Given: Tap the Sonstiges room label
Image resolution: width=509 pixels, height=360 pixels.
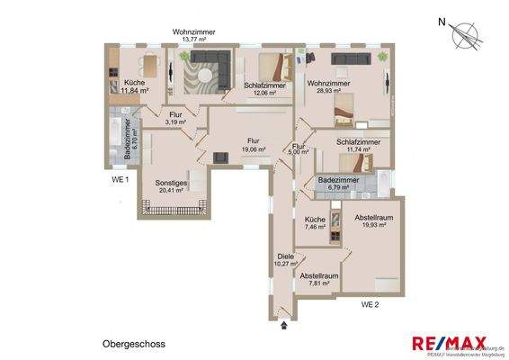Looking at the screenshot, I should click(x=171, y=185).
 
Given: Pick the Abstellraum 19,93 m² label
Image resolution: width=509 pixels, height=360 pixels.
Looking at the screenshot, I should click(x=371, y=220).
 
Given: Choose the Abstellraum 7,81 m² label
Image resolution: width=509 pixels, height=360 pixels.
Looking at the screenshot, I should click(x=319, y=279).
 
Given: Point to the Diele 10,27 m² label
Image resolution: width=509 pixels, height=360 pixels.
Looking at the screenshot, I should click(x=285, y=259).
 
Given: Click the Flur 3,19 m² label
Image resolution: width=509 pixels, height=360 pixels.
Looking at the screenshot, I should click(x=176, y=120).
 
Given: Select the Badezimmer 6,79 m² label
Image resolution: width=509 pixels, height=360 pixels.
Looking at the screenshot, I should click(x=339, y=184).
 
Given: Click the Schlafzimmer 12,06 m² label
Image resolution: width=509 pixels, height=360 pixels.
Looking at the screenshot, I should click(x=265, y=90).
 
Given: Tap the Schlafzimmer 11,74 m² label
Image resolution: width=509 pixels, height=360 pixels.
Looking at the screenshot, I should click(x=358, y=147).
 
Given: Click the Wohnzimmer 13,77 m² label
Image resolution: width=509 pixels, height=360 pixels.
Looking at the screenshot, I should click(x=195, y=36).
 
